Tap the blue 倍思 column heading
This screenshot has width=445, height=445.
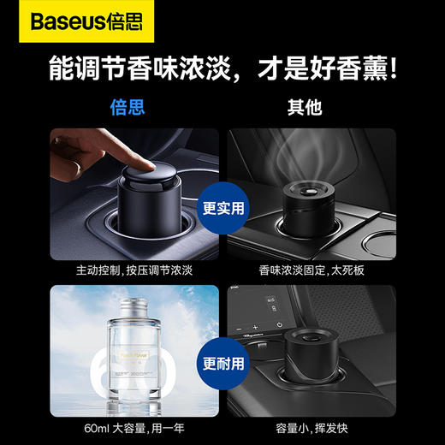128,108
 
